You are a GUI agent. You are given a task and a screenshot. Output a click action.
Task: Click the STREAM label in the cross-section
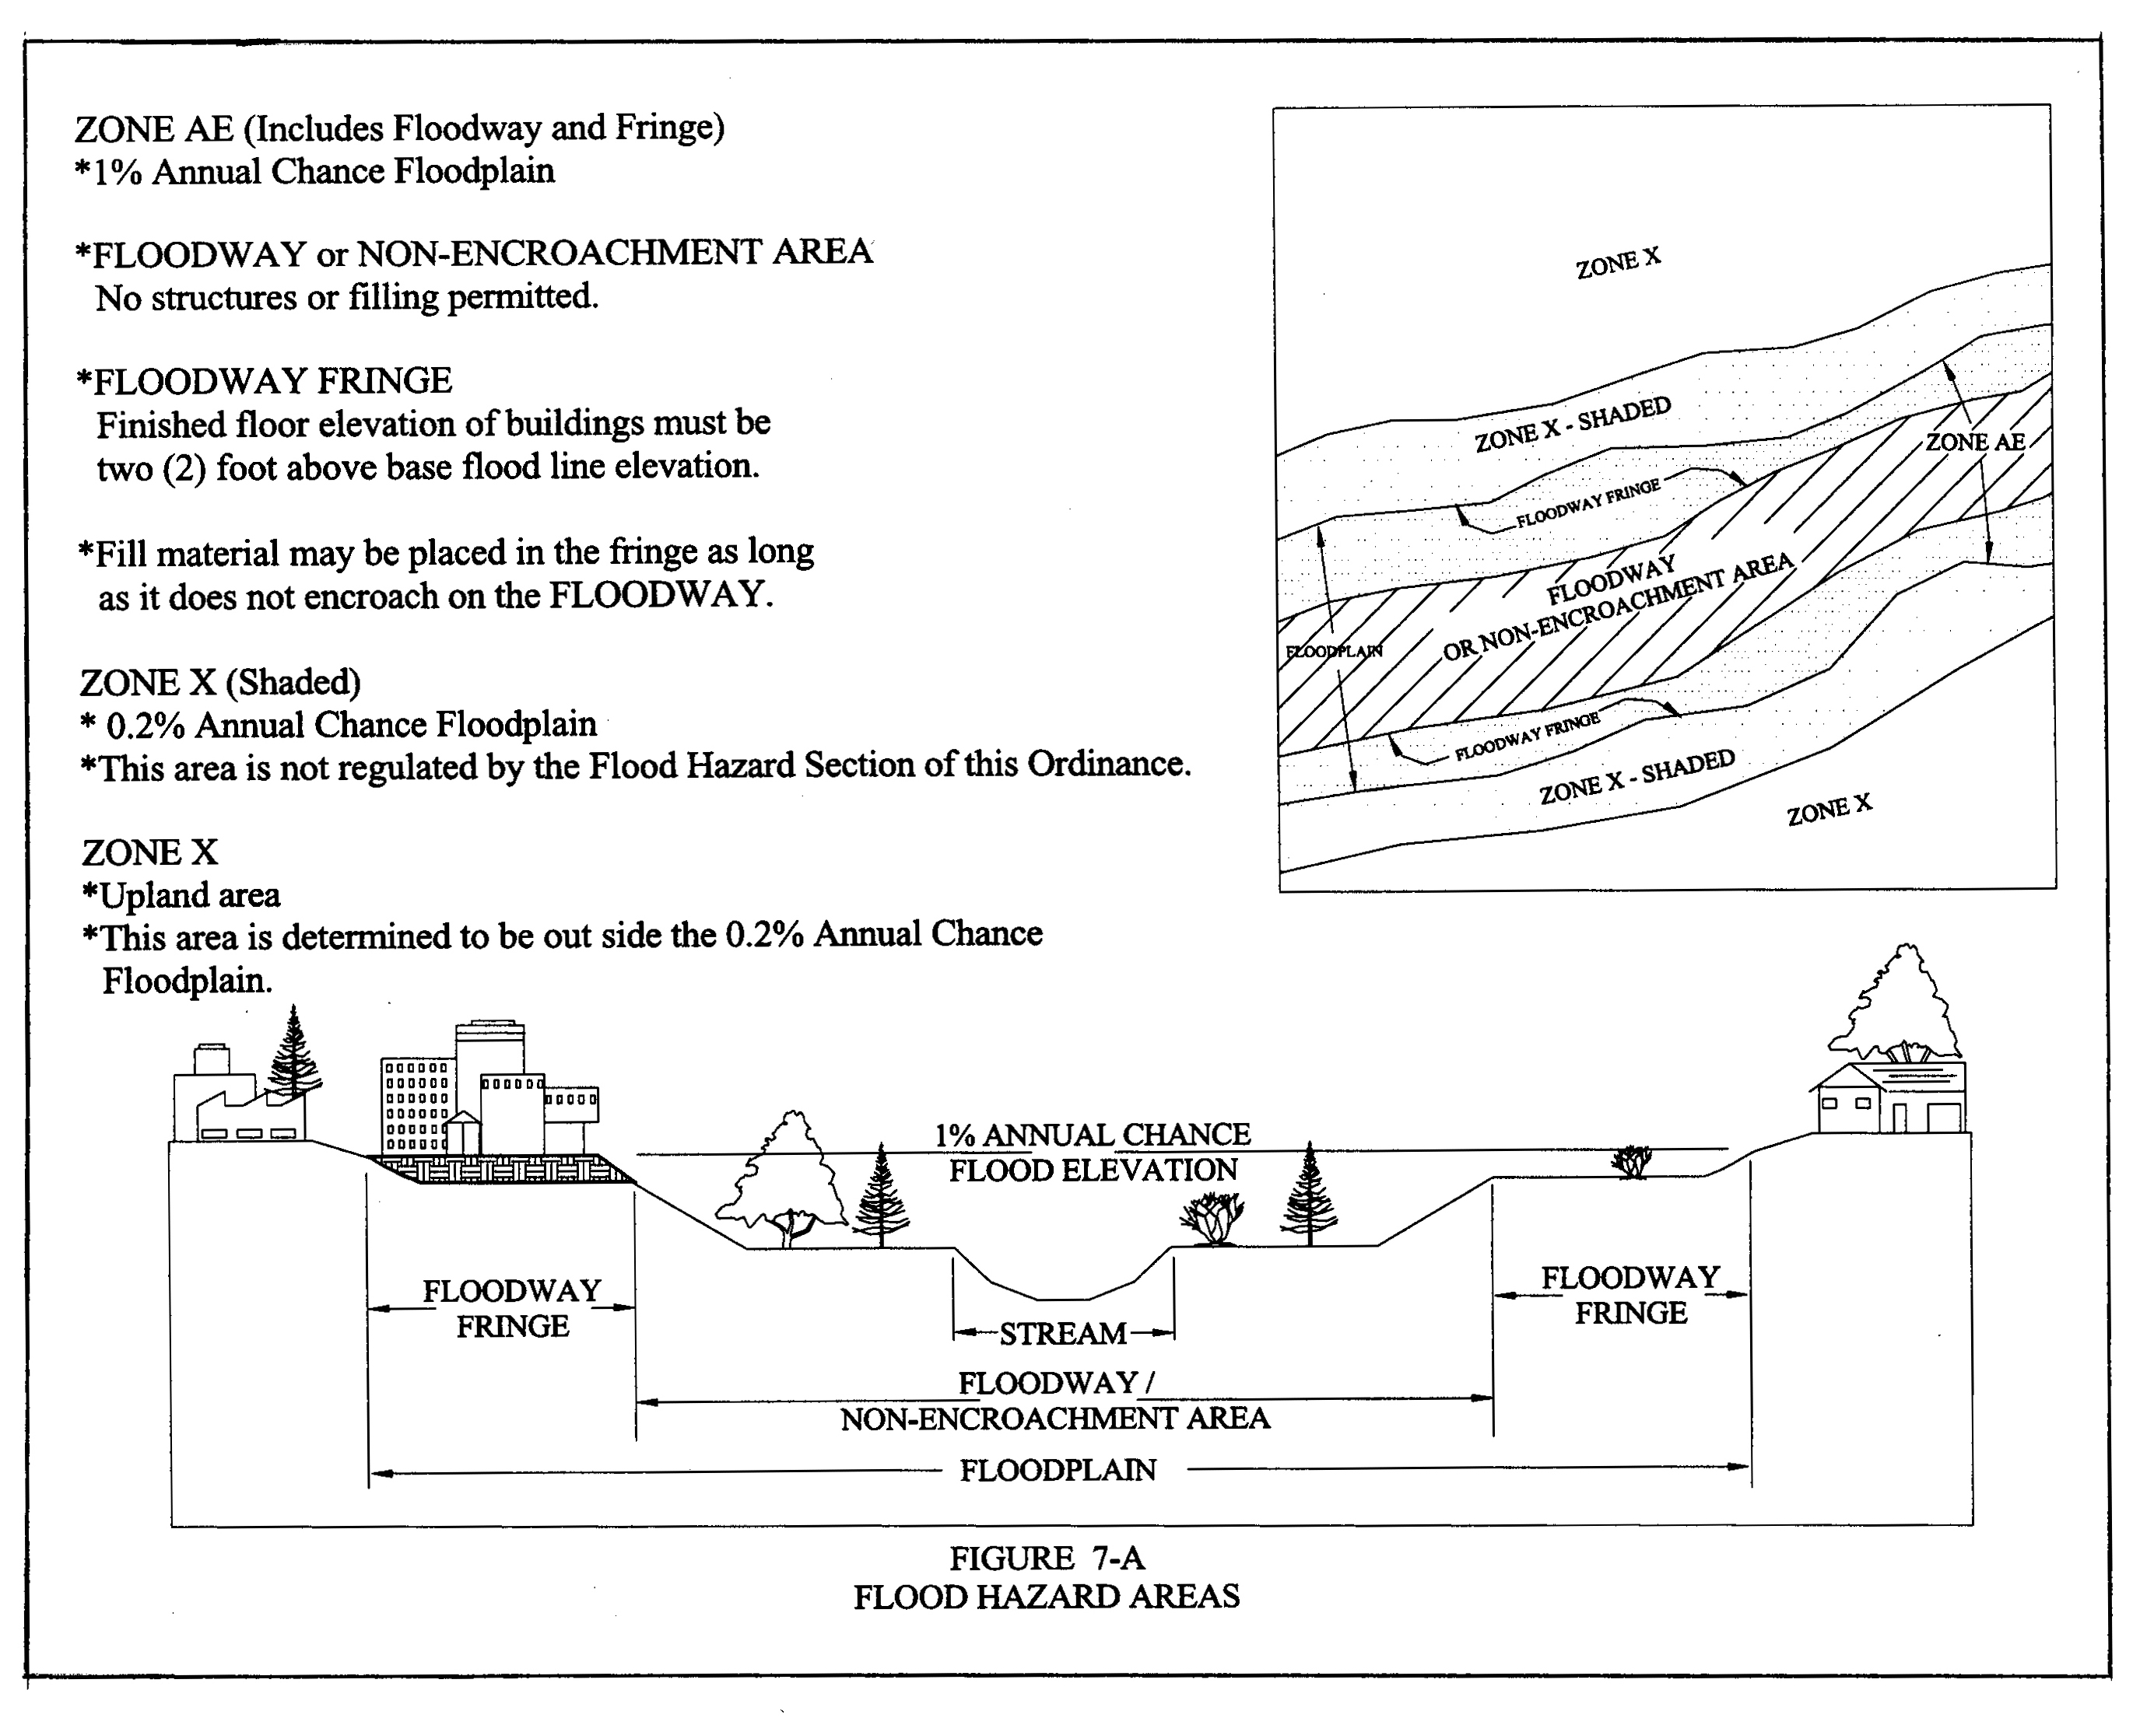1062,1334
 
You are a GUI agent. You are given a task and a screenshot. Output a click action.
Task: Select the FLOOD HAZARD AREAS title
1047,1597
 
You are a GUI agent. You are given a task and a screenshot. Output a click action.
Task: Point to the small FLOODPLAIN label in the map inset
1334,652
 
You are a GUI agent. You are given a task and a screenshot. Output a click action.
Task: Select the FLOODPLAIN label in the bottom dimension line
1058,1471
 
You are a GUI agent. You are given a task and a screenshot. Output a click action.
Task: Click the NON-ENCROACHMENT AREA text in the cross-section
1054,1419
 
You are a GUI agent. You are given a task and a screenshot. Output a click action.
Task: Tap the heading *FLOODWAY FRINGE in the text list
265,380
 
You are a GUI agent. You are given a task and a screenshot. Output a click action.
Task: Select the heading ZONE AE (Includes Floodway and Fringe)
399,128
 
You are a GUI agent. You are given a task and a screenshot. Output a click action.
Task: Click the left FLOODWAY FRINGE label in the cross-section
512,1307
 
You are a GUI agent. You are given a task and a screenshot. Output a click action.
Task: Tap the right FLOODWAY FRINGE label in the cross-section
1630,1295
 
